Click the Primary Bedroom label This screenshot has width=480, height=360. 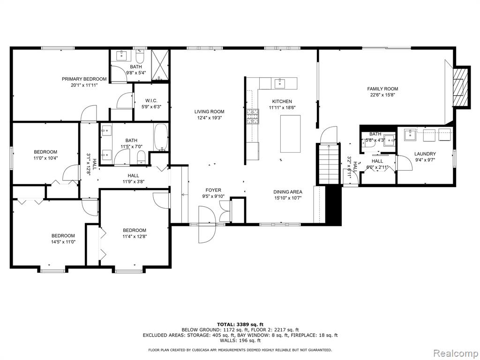[84, 79]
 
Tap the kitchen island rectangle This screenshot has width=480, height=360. [290, 134]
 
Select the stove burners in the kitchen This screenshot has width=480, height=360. [253, 117]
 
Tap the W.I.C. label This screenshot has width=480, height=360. [151, 101]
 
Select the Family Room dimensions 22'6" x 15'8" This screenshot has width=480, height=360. [382, 95]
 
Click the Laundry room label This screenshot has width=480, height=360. [425, 154]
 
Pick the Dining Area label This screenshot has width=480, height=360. [288, 192]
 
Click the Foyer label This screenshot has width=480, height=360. [213, 190]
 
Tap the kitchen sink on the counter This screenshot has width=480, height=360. [280, 83]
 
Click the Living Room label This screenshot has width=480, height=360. [209, 112]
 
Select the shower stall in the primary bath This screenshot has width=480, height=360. [160, 65]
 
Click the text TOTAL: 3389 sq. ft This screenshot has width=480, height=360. [240, 324]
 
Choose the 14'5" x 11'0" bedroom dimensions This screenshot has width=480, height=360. [63, 242]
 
